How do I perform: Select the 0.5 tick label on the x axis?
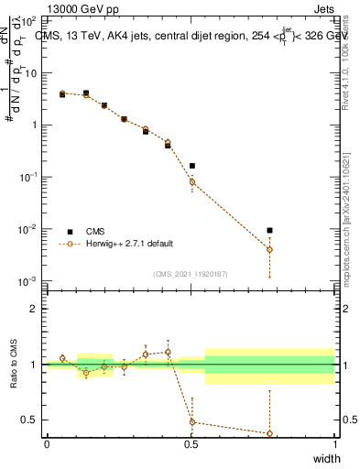click(x=191, y=444)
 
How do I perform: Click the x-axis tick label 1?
click(x=334, y=444)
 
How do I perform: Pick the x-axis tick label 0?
click(x=47, y=444)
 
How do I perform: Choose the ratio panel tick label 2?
click(x=34, y=309)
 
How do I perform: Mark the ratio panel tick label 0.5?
click(x=30, y=420)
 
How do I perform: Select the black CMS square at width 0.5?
click(x=191, y=166)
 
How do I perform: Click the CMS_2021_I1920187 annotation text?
click(x=191, y=273)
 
